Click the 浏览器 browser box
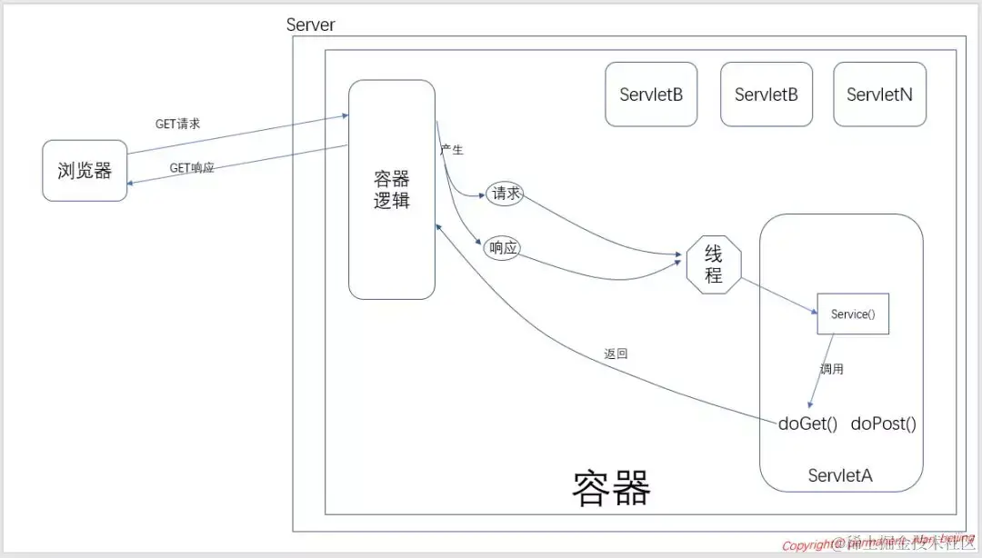[x=85, y=170]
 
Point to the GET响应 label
[x=192, y=168]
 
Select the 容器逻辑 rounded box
[x=392, y=189]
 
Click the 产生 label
[x=452, y=150]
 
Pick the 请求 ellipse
[x=506, y=194]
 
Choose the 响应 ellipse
[x=502, y=247]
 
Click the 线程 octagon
[x=714, y=265]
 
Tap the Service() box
[x=853, y=314]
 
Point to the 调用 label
[x=832, y=370]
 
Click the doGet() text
[x=807, y=423]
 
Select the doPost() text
[x=883, y=423]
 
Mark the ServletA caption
[x=840, y=475]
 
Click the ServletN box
[x=879, y=95]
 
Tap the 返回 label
[x=616, y=354]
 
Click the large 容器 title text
[x=611, y=488]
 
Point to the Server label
[x=310, y=25]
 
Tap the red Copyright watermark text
[x=814, y=546]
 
